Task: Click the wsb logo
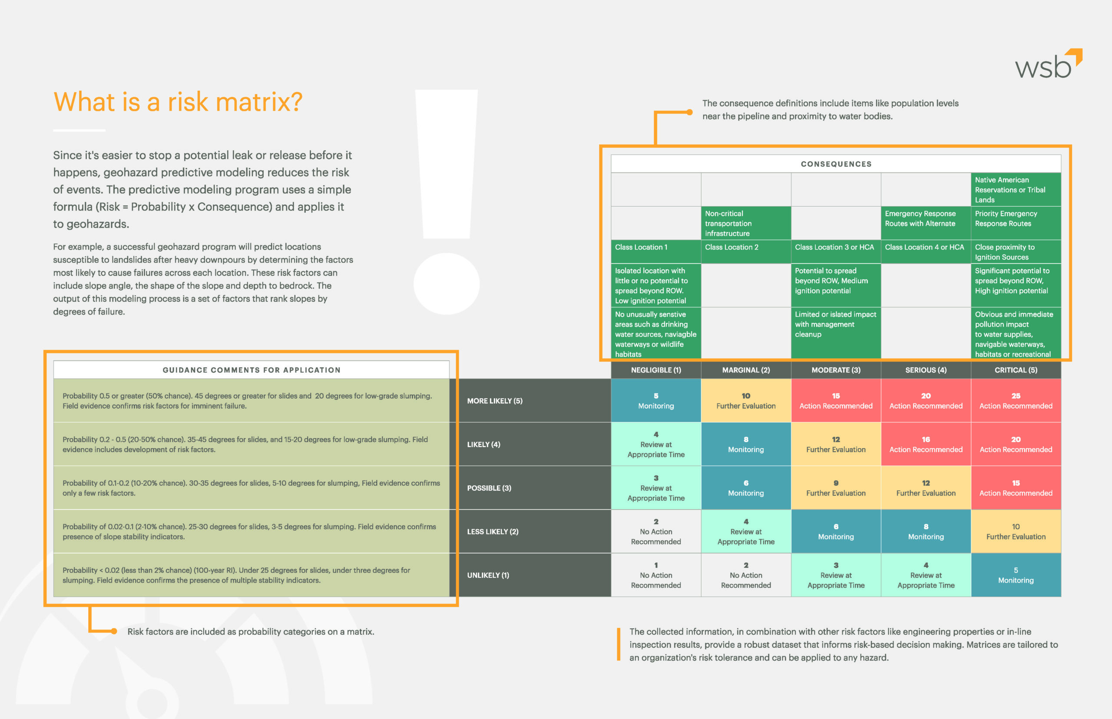[1048, 64]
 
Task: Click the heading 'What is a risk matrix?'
[178, 102]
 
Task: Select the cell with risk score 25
[1016, 401]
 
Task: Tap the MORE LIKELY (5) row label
[495, 401]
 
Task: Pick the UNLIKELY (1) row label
[488, 575]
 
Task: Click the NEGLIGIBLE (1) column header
[656, 370]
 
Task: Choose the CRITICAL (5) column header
[1016, 370]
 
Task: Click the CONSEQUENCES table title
[836, 164]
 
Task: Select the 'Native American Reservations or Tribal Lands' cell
[1016, 190]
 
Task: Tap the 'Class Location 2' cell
[746, 251]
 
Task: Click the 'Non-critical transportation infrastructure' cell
[746, 223]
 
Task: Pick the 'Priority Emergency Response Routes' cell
[1016, 223]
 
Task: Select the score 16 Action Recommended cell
[926, 444]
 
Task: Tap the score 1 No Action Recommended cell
[656, 575]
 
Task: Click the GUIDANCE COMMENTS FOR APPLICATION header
[251, 370]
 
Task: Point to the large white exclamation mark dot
[447, 284]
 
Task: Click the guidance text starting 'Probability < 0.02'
[236, 575]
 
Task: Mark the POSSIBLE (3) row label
[489, 488]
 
